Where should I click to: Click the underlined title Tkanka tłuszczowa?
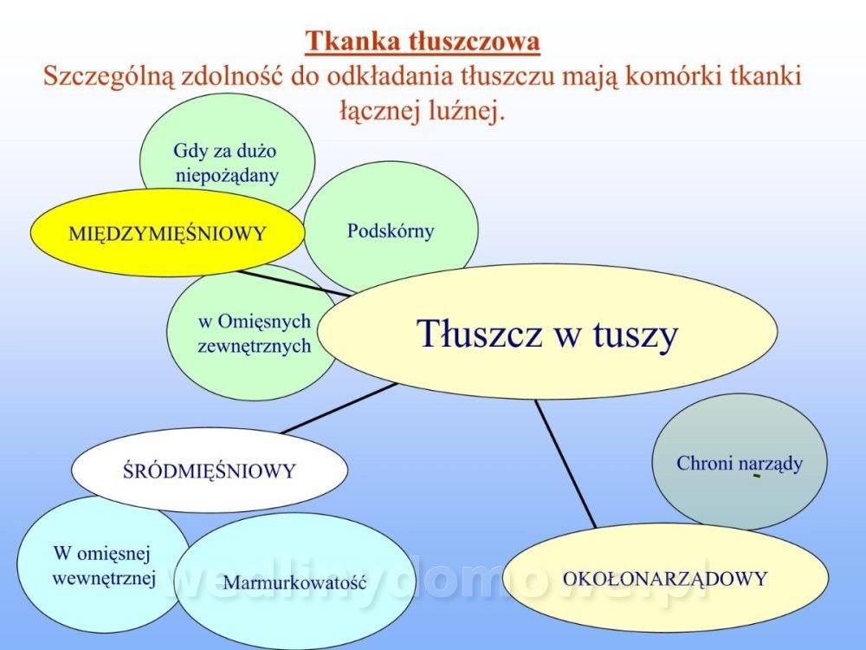click(x=423, y=42)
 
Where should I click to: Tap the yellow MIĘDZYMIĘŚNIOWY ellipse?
click(x=167, y=232)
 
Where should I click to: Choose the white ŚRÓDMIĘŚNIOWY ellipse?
click(x=210, y=470)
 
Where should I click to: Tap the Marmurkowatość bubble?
click(x=295, y=582)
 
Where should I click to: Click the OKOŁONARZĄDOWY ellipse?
click(x=665, y=578)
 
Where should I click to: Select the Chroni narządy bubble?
click(x=740, y=462)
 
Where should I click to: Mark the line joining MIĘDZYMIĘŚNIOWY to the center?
click(x=294, y=283)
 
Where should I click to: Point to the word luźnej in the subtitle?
click(x=467, y=111)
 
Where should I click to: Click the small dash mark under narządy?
click(x=757, y=475)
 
